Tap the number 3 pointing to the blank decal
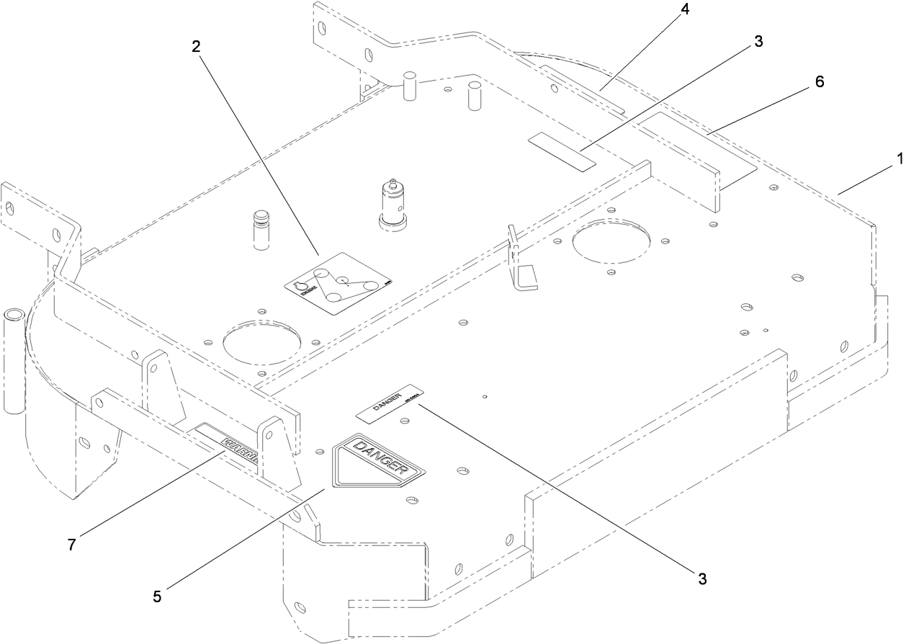click(x=758, y=41)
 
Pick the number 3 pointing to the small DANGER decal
click(x=701, y=578)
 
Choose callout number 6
click(x=820, y=81)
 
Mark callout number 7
click(x=71, y=545)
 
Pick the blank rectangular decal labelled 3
click(x=562, y=151)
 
